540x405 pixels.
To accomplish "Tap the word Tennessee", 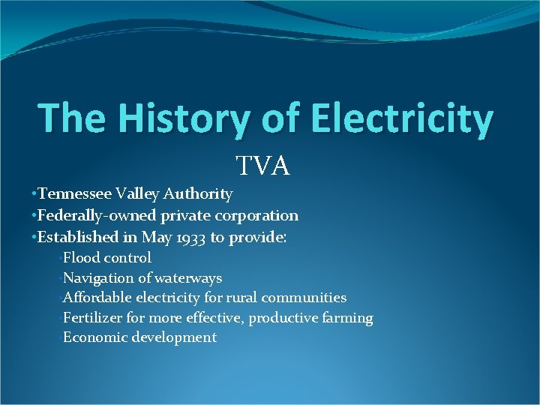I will coord(75,194).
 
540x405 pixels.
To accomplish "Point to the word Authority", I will coord(200,194).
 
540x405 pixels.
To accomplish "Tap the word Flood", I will coord(81,257).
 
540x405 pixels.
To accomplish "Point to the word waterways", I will coord(188,277).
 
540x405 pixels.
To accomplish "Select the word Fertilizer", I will coord(94,318).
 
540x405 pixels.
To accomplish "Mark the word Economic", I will coord(95,337).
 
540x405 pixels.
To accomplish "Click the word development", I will coord(174,338).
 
